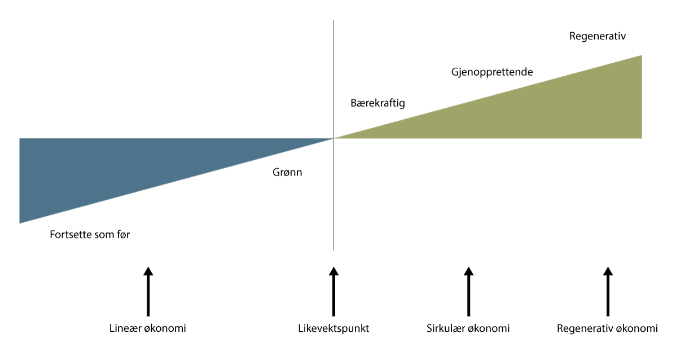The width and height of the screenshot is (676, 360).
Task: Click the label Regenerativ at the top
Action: pos(598,36)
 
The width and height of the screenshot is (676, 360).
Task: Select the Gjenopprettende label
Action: pos(492,72)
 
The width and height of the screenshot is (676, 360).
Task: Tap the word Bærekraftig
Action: pos(377,103)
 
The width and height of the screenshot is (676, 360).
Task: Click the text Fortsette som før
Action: pos(90,234)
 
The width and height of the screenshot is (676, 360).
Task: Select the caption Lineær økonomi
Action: pos(147,328)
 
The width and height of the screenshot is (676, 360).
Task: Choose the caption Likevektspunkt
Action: pos(333,328)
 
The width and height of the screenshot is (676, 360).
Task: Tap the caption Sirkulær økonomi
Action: pos(468,328)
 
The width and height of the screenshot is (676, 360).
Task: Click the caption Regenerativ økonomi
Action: pos(607,328)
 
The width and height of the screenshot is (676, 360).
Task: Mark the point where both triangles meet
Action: pos(333,138)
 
